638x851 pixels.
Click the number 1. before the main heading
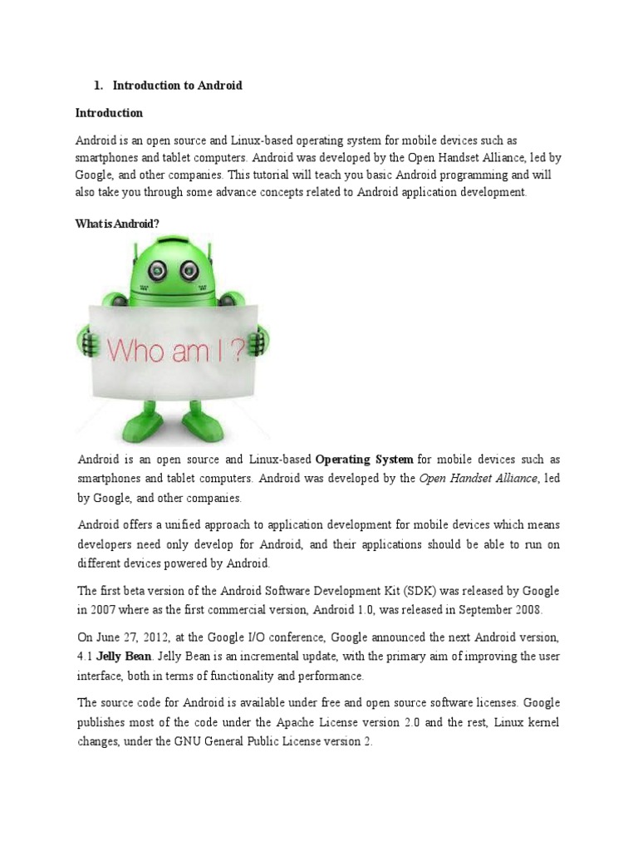pos(97,86)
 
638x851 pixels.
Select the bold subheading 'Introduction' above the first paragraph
pos(109,113)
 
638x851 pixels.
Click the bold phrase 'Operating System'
pos(365,460)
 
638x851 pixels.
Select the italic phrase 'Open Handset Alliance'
pos(479,479)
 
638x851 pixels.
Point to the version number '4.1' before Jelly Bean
pos(85,657)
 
